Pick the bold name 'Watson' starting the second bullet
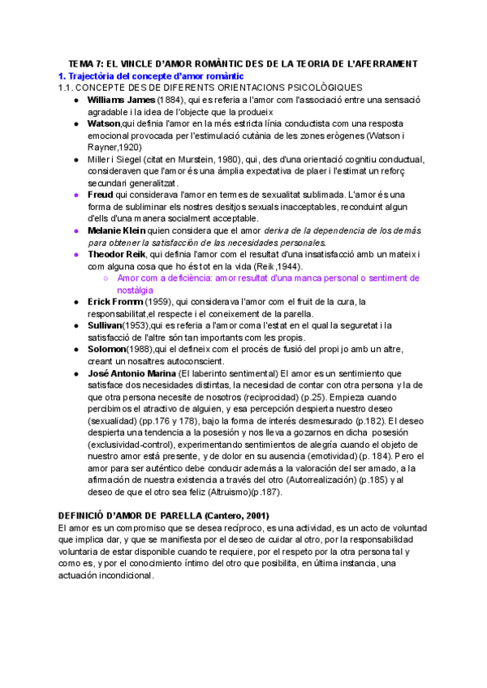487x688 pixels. [x=103, y=123]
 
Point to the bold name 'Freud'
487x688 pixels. [x=101, y=195]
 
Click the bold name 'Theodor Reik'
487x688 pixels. [x=119, y=255]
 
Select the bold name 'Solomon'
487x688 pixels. [x=108, y=349]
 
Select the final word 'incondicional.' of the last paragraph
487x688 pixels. [x=120, y=575]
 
